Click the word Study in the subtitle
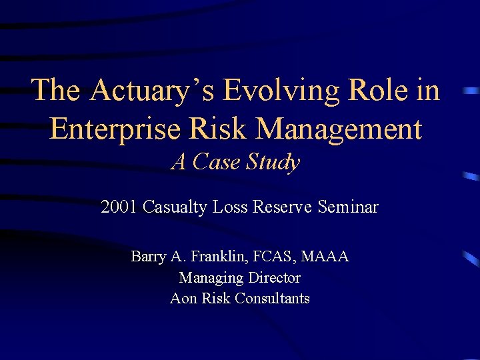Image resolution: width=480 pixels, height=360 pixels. point(273,162)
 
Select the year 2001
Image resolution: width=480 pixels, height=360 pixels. point(118,207)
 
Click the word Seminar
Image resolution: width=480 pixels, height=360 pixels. point(348,207)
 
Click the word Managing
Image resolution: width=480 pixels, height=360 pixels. point(207,278)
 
